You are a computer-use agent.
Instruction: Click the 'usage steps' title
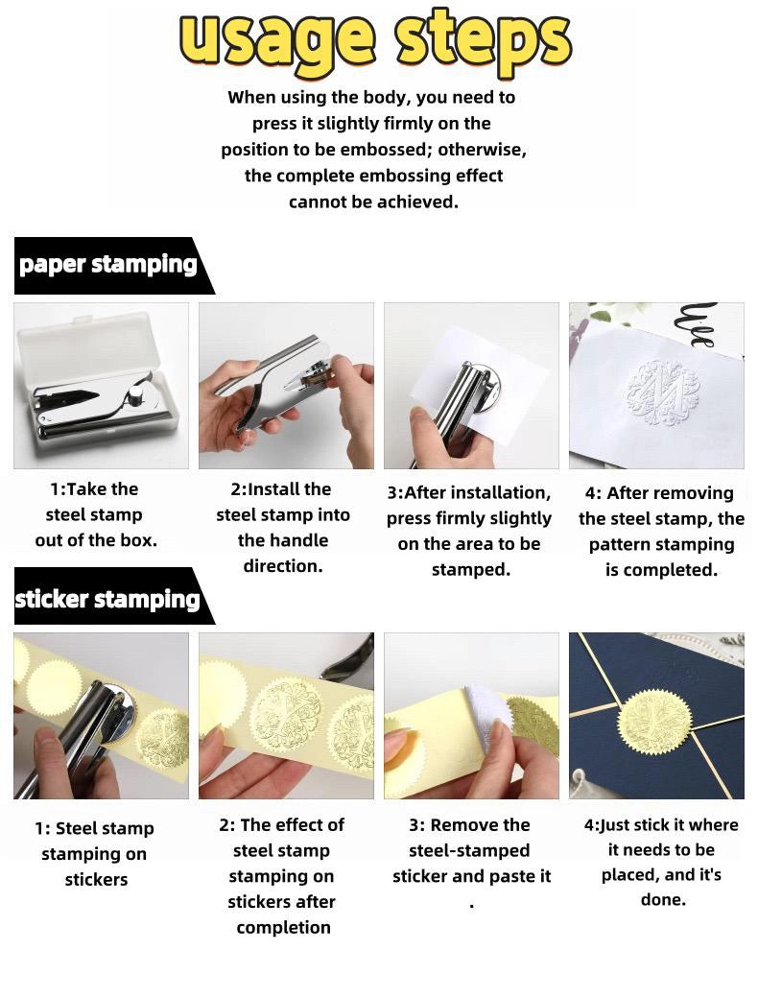tap(374, 39)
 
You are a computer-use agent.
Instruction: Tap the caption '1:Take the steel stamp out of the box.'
tap(95, 515)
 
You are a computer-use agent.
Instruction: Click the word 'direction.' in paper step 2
tap(283, 566)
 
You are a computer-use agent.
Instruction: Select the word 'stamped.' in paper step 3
tap(471, 570)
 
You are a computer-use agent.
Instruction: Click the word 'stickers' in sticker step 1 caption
tap(96, 880)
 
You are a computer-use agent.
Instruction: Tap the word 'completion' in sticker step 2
tap(284, 928)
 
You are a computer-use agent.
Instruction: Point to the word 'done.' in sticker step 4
tap(664, 899)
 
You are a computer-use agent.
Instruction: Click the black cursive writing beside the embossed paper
tap(699, 325)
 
